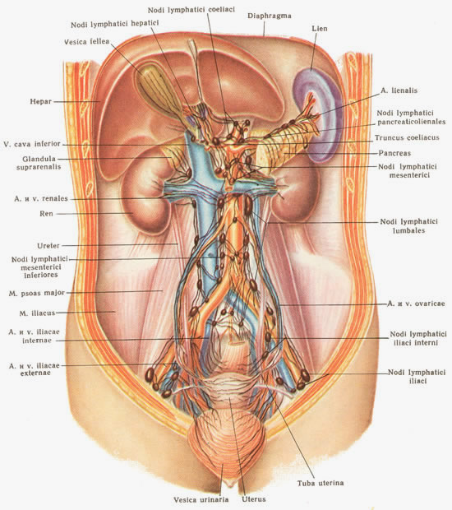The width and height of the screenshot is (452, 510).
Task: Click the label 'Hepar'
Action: pyautogui.click(x=41, y=101)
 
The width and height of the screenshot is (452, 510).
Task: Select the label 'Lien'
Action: pyautogui.click(x=320, y=29)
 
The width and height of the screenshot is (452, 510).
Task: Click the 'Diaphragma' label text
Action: pyautogui.click(x=269, y=16)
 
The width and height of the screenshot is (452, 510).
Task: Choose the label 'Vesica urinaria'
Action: pyautogui.click(x=201, y=499)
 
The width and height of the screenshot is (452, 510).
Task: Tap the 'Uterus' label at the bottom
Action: pyautogui.click(x=254, y=499)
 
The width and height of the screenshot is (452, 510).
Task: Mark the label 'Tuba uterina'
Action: pyautogui.click(x=321, y=483)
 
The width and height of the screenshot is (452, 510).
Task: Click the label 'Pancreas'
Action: pyautogui.click(x=394, y=153)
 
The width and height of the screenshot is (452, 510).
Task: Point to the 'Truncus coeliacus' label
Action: pyautogui.click(x=407, y=137)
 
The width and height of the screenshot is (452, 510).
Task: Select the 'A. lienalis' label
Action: pyautogui.click(x=399, y=90)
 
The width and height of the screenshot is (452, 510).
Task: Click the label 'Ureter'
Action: pyautogui.click(x=48, y=246)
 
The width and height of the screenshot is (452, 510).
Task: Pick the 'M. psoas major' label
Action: pyautogui.click(x=37, y=293)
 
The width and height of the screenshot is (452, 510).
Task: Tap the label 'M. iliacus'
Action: pyautogui.click(x=37, y=313)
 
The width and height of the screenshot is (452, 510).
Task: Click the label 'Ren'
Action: pyautogui.click(x=46, y=214)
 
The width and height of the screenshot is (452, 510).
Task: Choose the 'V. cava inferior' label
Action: pyautogui.click(x=32, y=144)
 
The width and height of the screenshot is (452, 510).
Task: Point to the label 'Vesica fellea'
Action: pyautogui.click(x=87, y=42)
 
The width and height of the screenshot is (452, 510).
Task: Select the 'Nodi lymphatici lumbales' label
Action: pyautogui.click(x=408, y=226)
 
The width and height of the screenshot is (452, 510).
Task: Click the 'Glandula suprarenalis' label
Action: pyautogui.click(x=39, y=163)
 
